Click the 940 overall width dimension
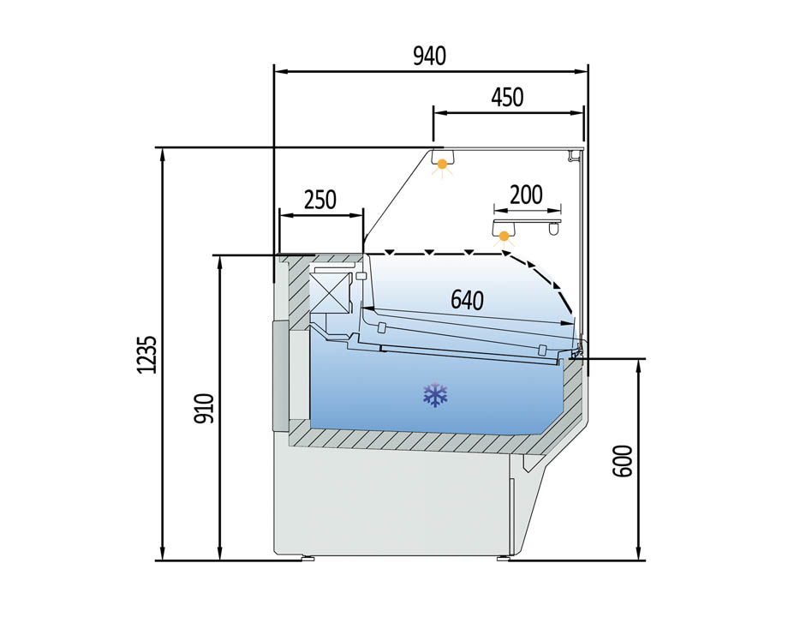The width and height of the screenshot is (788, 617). [x=429, y=57]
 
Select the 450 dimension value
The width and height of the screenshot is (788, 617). [x=507, y=98]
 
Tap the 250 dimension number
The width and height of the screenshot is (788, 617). [x=320, y=200]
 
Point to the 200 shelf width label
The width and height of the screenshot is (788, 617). [x=526, y=195]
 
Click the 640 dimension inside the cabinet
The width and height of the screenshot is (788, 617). [x=467, y=300]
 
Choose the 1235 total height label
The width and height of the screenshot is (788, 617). [x=147, y=355]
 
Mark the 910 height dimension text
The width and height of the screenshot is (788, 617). [x=205, y=408]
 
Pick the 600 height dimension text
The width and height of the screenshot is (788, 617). [x=623, y=461]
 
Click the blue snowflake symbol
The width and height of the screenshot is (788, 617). [x=435, y=395]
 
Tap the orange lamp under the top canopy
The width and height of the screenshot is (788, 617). [x=442, y=165]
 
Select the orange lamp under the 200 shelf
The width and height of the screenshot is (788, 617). [x=504, y=236]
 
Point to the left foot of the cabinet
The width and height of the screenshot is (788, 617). [x=307, y=558]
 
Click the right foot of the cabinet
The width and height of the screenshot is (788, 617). [x=503, y=558]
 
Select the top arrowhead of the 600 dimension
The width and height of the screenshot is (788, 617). [x=638, y=366]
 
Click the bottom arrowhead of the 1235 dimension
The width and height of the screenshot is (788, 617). [x=162, y=553]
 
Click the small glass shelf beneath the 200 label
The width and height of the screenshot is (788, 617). [x=527, y=222]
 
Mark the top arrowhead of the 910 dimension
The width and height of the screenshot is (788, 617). [x=219, y=262]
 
